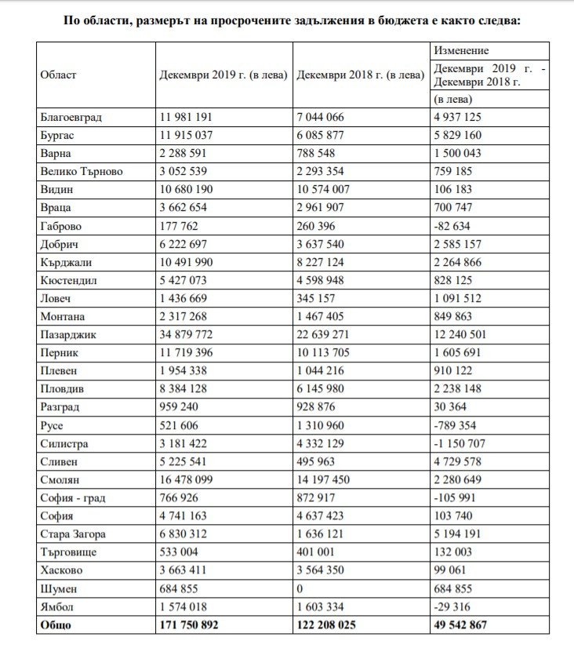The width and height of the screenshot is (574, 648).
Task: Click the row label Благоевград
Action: pyautogui.click(x=71, y=118)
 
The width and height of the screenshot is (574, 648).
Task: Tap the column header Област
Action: pyautogui.click(x=58, y=75)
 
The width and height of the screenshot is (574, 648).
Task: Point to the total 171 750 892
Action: pyautogui.click(x=189, y=625)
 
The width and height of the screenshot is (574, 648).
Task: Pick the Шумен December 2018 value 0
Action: pyautogui.click(x=300, y=589)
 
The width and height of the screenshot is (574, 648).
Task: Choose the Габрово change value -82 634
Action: pyautogui.click(x=457, y=227)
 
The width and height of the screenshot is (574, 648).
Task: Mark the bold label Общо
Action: pyautogui.click(x=56, y=625)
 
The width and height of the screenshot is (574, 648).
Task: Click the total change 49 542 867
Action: pyautogui.click(x=469, y=625)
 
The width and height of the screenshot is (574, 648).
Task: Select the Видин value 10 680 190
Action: pyautogui.click(x=191, y=190)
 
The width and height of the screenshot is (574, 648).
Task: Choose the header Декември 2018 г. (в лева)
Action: pyautogui.click(x=360, y=75)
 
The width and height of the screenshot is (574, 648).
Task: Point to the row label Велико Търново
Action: pyautogui.click(x=82, y=172)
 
